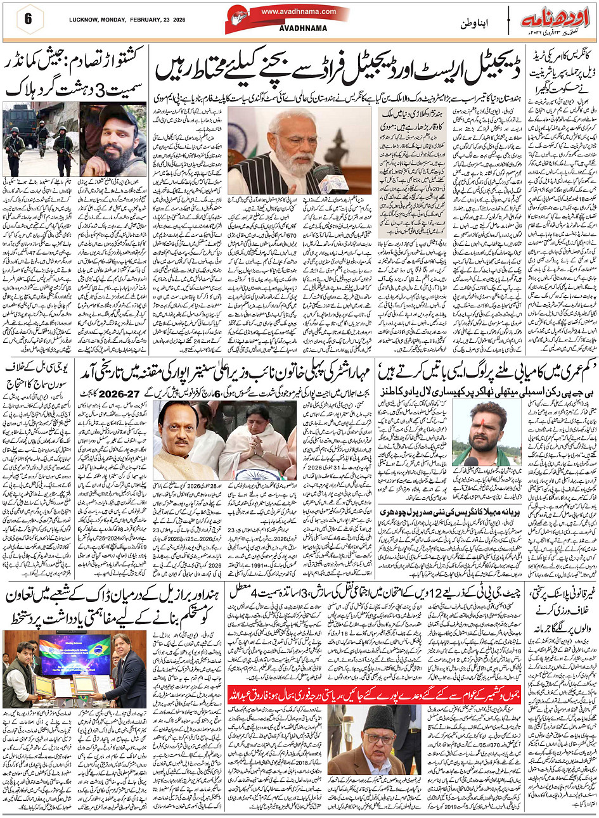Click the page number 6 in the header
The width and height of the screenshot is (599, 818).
click(28, 18)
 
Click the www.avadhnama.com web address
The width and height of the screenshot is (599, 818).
click(299, 11)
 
